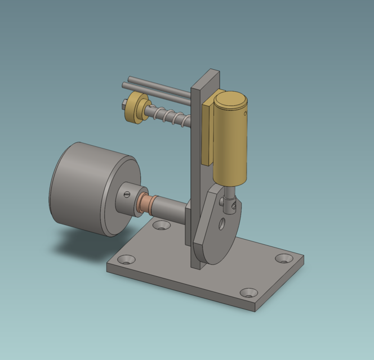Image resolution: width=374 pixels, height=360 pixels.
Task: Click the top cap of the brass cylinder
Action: point(231,101)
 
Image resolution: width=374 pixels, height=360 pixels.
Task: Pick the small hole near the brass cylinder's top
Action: point(246,113)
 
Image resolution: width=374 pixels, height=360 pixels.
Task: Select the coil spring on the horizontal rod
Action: point(169,117)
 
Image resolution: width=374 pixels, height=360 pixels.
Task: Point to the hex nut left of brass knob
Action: point(123,104)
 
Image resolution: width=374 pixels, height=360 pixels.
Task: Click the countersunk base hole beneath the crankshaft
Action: point(162,225)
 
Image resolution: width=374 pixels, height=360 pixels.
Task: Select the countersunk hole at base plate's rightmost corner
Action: point(283,258)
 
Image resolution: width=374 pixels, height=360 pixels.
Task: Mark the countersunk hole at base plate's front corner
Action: point(248,292)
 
